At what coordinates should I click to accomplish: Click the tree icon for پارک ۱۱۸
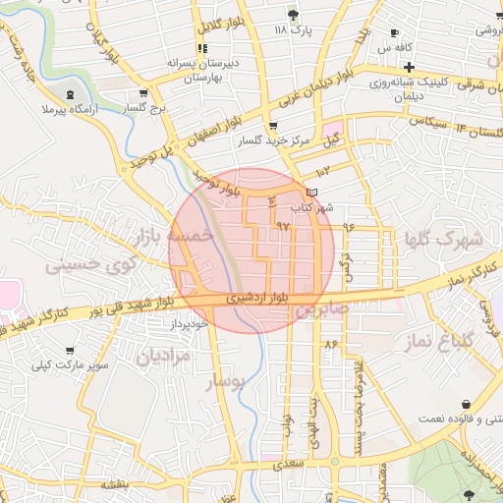coord(293,13)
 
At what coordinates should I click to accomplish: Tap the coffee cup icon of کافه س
coord(395,32)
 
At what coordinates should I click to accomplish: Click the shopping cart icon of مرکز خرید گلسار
coord(272,126)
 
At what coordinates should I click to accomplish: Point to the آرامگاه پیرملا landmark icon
coord(70,94)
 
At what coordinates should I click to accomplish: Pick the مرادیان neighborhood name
coord(162,357)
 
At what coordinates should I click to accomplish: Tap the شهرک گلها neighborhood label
coord(443,239)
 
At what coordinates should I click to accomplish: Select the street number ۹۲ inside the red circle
coord(284,226)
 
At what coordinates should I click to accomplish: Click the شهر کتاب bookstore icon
coord(312,193)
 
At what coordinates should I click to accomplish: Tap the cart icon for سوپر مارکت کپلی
coord(70,351)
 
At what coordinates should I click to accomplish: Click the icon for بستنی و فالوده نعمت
coord(465,405)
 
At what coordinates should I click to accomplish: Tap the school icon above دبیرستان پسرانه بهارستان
coord(201,48)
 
